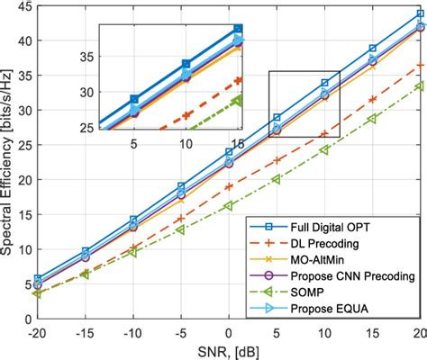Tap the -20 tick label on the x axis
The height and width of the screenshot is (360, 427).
36,332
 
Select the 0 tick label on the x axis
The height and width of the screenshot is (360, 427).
229,332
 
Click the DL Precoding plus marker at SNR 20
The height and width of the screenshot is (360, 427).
420,66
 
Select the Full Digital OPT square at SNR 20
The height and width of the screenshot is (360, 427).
420,14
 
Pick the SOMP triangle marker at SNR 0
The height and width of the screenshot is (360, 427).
229,205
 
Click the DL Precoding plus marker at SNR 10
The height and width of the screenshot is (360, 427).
324,133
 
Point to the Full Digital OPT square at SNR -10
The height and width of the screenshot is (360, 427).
133,220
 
